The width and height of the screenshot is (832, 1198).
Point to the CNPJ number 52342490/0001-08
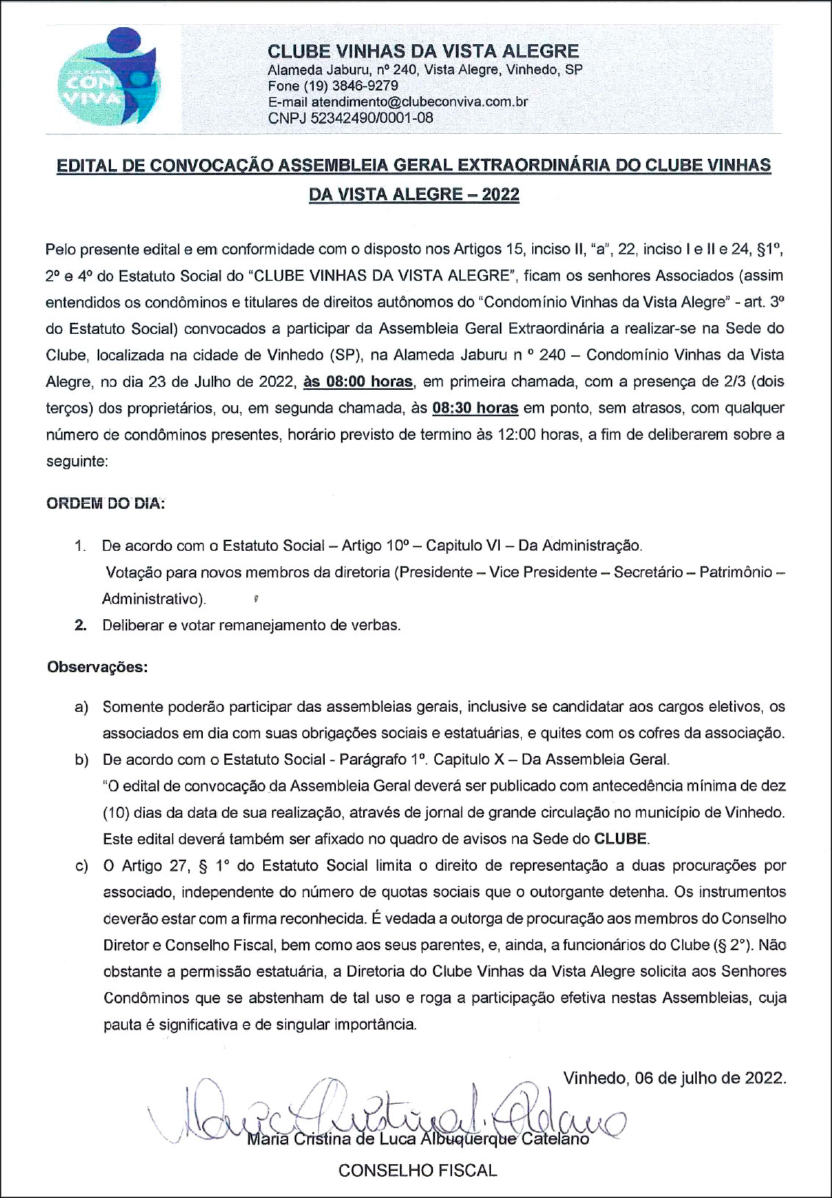[371, 118]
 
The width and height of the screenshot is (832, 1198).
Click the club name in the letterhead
[423, 51]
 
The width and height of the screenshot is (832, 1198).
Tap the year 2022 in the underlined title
[501, 195]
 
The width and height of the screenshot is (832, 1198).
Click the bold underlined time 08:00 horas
[358, 382]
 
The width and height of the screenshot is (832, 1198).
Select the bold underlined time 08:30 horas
[475, 408]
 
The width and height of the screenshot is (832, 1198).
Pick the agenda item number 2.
[80, 626]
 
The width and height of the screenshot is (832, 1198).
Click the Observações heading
[97, 667]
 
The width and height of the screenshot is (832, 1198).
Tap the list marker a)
[81, 707]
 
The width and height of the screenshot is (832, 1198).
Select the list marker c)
[81, 866]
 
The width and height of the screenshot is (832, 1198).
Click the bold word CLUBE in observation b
[620, 839]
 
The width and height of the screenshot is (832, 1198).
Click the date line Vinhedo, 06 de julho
[674, 1078]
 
